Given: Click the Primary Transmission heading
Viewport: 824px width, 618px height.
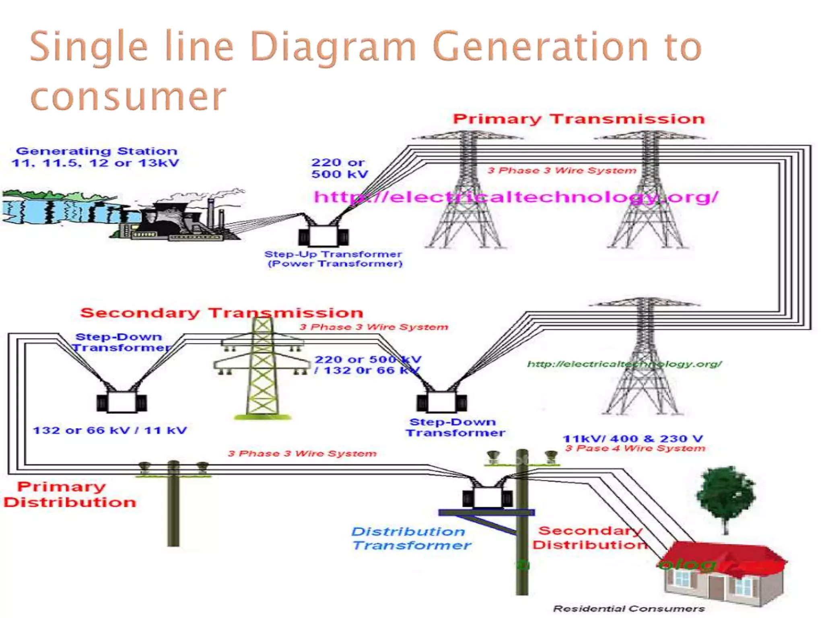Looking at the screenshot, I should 579,119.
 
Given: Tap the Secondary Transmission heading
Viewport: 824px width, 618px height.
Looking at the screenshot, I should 221,313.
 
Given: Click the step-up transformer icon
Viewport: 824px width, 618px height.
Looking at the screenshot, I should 323,235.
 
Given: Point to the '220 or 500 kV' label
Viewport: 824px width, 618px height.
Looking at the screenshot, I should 339,168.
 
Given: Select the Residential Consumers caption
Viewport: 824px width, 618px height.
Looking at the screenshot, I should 628,609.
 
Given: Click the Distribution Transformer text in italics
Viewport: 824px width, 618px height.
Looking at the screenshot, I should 410,538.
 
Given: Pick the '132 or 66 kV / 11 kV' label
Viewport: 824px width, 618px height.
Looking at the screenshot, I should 109,431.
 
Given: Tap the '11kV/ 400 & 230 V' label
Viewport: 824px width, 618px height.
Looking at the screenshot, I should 632,439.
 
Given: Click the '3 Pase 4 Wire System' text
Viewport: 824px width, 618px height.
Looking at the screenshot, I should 635,449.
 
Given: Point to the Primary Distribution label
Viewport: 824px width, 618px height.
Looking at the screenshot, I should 69,494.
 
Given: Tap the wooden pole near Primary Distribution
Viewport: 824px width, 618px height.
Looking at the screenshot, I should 173,507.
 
